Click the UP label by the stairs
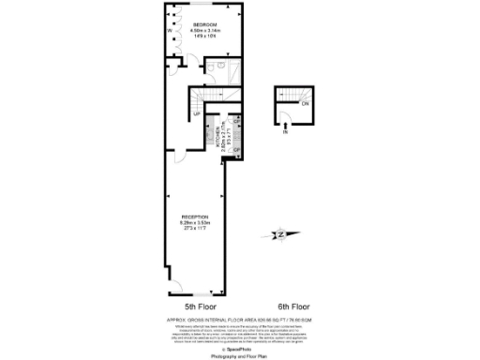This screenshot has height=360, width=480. tap(197, 113)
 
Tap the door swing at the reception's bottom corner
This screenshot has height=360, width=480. tap(217, 284)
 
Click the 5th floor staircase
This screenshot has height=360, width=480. tap(204, 97)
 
